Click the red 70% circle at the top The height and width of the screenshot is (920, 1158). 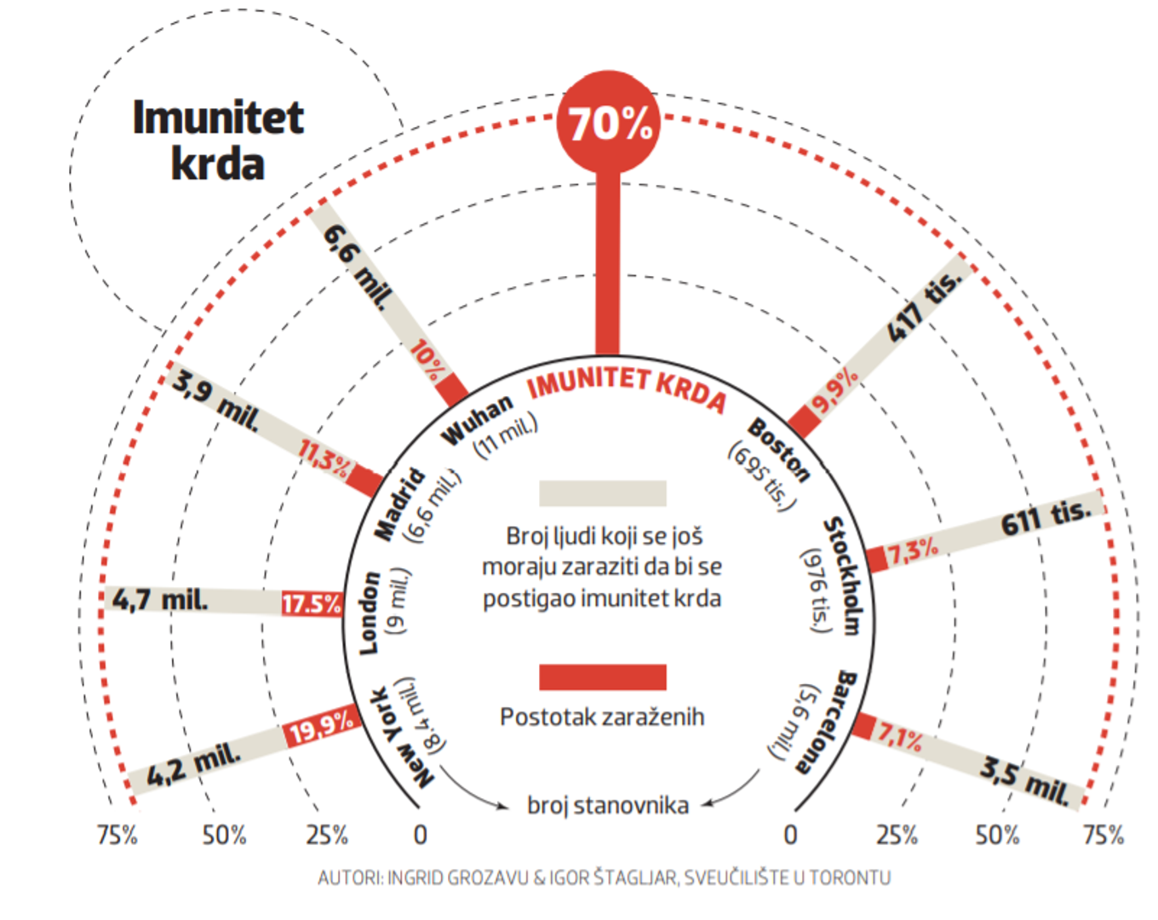pyautogui.click(x=608, y=123)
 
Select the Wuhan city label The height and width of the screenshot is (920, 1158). pyautogui.click(x=477, y=419)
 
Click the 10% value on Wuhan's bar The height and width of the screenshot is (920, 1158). pyautogui.click(x=428, y=361)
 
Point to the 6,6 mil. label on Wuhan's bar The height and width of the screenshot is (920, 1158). pyautogui.click(x=358, y=267)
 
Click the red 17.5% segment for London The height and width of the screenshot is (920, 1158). pyautogui.click(x=312, y=605)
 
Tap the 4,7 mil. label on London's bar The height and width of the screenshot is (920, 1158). pyautogui.click(x=160, y=600)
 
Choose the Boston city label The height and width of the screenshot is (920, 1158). pyautogui.click(x=778, y=450)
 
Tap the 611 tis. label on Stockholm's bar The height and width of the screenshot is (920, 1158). pyautogui.click(x=1046, y=516)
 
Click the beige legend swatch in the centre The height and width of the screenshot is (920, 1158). pyautogui.click(x=602, y=493)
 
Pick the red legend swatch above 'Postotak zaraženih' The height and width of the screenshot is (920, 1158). pyautogui.click(x=602, y=677)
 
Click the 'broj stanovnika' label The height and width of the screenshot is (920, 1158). pyautogui.click(x=608, y=805)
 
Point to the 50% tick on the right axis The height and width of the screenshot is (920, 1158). pyautogui.click(x=997, y=835)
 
